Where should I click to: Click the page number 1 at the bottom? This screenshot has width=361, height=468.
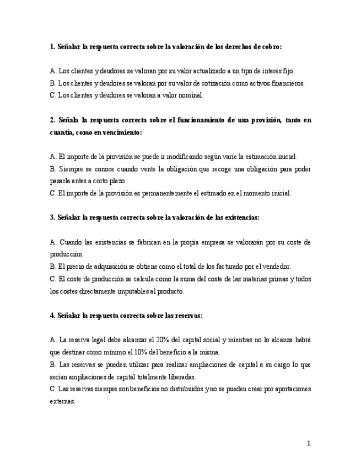309,443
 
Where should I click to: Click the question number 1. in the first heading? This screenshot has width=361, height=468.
52,47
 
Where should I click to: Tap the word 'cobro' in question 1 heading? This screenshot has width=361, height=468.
270,47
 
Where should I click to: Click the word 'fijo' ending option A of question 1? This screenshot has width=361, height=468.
289,71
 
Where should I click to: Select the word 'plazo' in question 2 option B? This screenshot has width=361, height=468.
117,181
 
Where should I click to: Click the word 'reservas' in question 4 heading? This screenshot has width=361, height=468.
187,316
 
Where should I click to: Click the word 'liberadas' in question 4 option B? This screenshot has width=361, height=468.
182,377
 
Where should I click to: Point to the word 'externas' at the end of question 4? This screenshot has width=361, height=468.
62,402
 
